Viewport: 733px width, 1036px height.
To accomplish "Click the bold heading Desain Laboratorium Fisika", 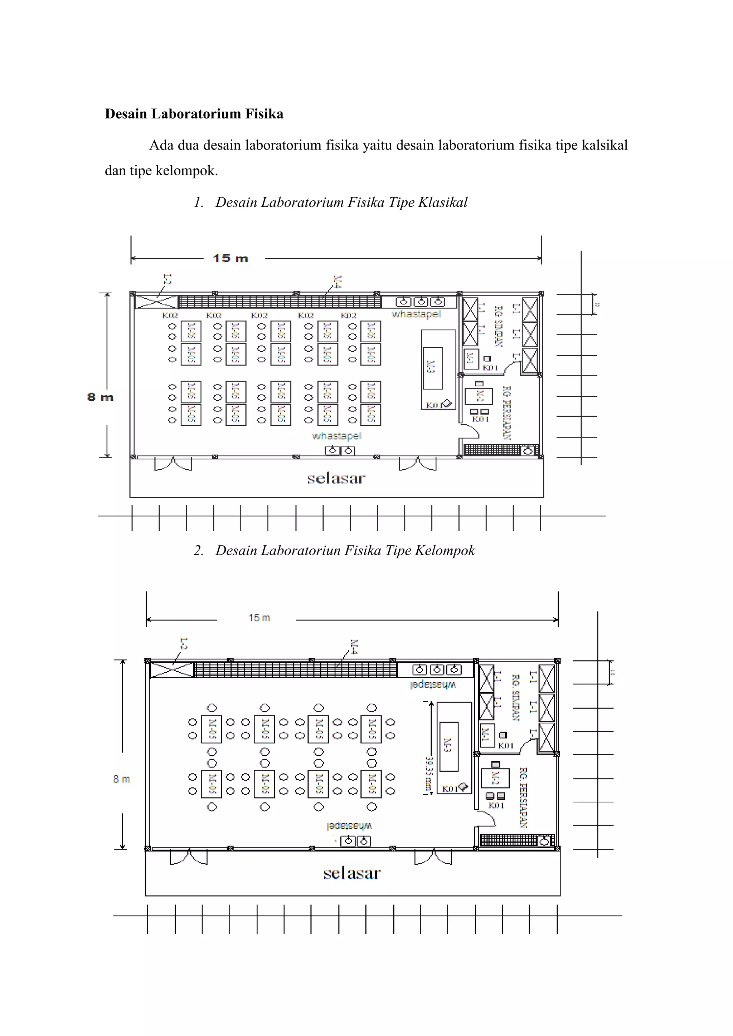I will (194, 114).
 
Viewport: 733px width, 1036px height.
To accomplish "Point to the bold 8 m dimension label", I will (100, 397).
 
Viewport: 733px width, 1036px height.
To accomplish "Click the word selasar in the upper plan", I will (336, 478).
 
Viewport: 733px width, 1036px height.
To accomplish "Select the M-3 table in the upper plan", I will (432, 368).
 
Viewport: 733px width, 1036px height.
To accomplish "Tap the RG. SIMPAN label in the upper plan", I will (498, 326).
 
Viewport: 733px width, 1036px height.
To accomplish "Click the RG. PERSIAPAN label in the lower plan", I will (524, 798).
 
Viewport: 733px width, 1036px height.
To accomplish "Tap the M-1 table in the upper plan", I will (471, 359).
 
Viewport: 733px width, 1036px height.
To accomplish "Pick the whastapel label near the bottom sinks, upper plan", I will (336, 436).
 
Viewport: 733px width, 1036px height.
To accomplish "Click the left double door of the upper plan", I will (173, 464).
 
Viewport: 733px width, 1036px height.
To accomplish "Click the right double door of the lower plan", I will (433, 858).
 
